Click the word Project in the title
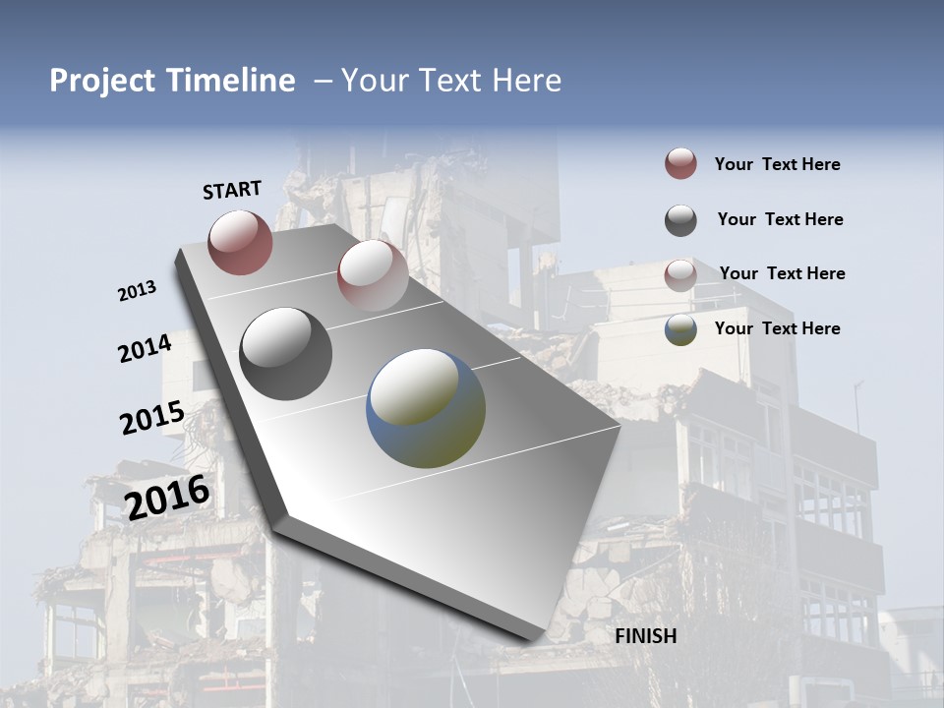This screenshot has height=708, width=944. tap(103, 81)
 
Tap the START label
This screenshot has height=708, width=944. tap(232, 190)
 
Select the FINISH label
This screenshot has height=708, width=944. tap(646, 636)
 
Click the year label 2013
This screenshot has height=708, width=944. tap(137, 291)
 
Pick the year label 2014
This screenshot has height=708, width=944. tap(145, 348)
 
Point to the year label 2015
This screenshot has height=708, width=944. tap(152, 418)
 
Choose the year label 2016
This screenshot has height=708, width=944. tap(167, 497)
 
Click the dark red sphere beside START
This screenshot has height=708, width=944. tap(240, 242)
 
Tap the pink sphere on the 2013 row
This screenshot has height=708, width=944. tap(373, 274)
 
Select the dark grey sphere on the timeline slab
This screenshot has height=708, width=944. tap(286, 354)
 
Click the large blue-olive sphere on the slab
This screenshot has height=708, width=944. tap(426, 407)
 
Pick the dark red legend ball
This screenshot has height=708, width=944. tap(680, 163)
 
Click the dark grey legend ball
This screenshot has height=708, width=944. tap(680, 220)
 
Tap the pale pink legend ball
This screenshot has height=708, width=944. tap(680, 275)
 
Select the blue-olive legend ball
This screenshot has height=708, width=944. tap(680, 329)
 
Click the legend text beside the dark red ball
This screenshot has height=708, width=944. tap(777, 164)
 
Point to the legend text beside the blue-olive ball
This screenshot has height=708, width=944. tap(777, 328)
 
